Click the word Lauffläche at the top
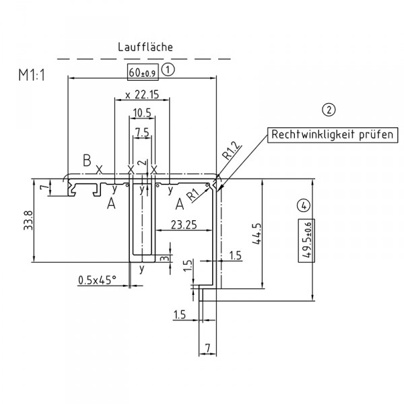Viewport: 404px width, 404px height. tap(145, 47)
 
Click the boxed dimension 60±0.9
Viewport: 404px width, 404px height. tap(141, 71)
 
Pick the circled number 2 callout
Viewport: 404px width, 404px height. tap(329, 110)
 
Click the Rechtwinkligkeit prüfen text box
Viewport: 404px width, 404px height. tap(332, 135)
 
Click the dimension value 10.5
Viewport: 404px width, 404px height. tap(141, 112)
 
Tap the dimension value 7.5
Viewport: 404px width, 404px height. tap(141, 133)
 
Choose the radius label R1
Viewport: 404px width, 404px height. tap(193, 195)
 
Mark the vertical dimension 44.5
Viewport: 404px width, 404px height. tap(270, 238)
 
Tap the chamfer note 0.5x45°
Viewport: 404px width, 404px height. tap(98, 279)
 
